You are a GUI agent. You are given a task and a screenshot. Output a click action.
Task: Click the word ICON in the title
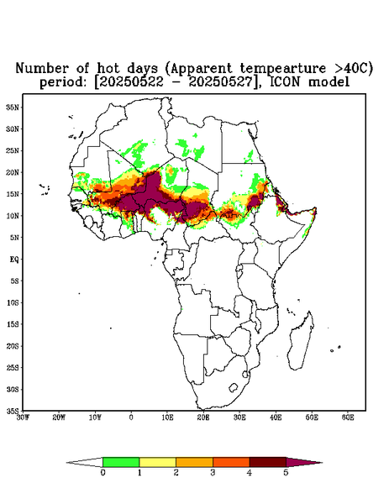coord(286,82)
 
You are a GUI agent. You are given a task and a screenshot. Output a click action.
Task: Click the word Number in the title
coord(42,69)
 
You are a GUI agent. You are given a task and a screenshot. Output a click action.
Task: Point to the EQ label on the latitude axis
coord(14,260)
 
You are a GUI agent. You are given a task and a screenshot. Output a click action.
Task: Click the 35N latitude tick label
coord(13,108)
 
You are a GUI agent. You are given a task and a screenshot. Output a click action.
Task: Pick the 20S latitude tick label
coord(13,346)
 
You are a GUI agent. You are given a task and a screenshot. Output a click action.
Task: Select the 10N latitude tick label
coord(13,216)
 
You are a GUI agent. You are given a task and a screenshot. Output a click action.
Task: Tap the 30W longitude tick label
coord(23,417)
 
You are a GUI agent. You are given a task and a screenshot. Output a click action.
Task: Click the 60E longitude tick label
coord(348,417)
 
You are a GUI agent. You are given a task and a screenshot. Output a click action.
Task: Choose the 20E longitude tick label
coord(203,417)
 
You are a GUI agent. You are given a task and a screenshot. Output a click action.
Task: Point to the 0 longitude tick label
coord(131,417)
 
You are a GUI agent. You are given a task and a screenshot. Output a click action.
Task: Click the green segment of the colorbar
coord(121,462)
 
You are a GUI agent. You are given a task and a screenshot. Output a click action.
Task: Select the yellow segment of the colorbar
coord(157,462)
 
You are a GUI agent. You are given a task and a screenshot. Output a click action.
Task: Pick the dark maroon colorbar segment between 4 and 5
coord(268,462)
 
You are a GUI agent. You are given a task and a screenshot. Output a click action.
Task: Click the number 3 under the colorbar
coord(213,473)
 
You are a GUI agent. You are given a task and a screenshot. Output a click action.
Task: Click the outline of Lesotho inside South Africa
coord(234,387)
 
